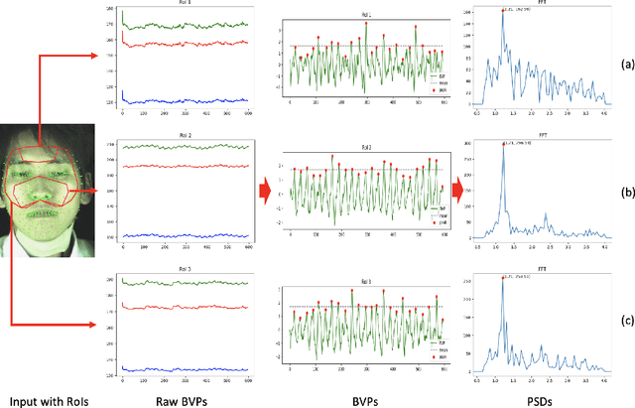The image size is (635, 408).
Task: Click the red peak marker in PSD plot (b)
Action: [504, 146]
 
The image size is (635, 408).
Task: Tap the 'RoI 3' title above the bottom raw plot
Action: [184, 268]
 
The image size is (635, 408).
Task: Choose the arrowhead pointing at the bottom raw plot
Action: [102, 324]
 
